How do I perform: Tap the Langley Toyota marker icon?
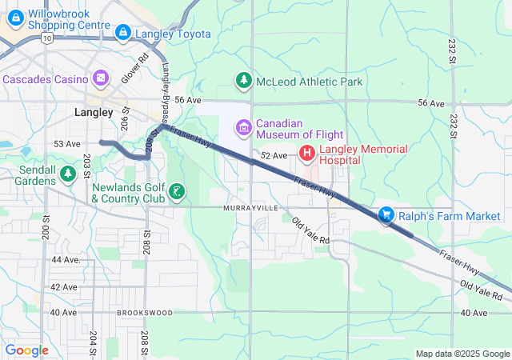pyautogui.click(x=122, y=34)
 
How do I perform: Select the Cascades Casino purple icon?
pyautogui.click(x=100, y=78)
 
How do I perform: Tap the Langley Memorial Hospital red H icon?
pyautogui.click(x=307, y=152)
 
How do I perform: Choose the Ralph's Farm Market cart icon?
pyautogui.click(x=386, y=214)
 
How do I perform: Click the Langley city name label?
pyautogui.click(x=94, y=113)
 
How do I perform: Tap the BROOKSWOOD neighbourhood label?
pyautogui.click(x=144, y=313)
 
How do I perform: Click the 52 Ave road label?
pyautogui.click(x=274, y=155)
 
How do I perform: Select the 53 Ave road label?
pyautogui.click(x=67, y=144)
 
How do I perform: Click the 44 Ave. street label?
pyautogui.click(x=66, y=260)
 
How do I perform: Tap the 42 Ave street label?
pyautogui.click(x=64, y=286)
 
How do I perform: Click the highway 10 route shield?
pyautogui.click(x=49, y=38)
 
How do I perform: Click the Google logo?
pyautogui.click(x=26, y=350)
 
